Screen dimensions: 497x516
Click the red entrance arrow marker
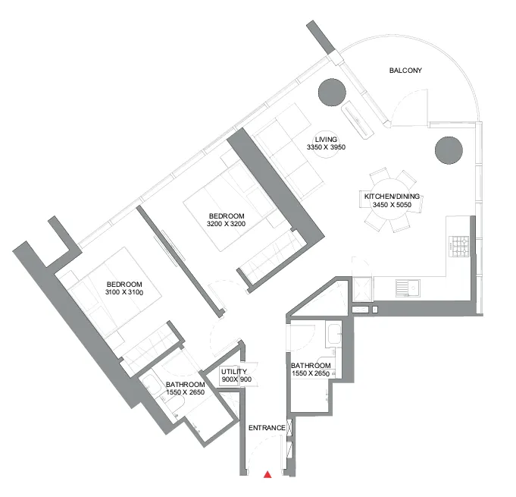(267, 475)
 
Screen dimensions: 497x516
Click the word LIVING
(327, 139)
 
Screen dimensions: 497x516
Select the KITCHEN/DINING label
(392, 197)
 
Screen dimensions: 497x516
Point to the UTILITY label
(234, 371)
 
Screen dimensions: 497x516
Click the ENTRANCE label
(267, 428)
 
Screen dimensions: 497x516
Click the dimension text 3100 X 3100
(125, 292)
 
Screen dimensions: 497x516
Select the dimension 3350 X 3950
(327, 148)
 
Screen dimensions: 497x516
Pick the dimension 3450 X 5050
(392, 206)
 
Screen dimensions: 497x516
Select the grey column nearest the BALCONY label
(332, 93)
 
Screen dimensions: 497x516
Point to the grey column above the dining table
(448, 149)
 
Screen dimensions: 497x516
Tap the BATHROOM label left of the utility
(186, 385)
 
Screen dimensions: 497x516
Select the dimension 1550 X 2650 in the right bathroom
(310, 374)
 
